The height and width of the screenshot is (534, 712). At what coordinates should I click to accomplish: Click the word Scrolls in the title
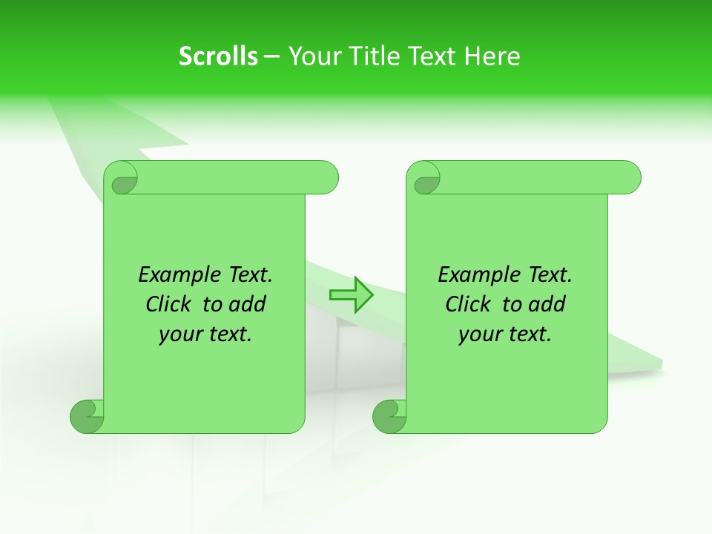click(x=218, y=56)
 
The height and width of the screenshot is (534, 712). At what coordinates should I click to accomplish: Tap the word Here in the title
click(x=492, y=56)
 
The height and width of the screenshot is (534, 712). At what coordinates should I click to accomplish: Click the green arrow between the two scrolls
click(x=351, y=294)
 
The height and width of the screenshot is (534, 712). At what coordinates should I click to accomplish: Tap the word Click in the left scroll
click(x=170, y=305)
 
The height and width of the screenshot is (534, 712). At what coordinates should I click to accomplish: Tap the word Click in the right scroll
click(x=468, y=305)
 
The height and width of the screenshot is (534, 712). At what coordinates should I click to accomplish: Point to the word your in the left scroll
click(x=179, y=335)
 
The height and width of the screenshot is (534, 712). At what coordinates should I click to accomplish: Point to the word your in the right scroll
click(x=478, y=335)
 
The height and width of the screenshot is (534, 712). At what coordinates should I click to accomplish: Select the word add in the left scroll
click(x=247, y=305)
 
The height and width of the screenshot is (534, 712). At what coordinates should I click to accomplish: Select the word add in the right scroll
click(x=547, y=305)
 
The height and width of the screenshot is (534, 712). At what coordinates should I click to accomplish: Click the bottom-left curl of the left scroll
click(x=87, y=417)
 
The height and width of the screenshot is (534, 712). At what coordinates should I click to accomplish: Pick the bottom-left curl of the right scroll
click(x=389, y=417)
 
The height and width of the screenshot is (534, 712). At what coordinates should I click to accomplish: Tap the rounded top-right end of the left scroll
click(x=326, y=177)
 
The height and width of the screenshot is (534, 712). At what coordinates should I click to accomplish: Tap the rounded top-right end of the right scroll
click(x=629, y=177)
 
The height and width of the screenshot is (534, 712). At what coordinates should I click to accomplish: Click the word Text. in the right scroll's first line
click(x=550, y=275)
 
